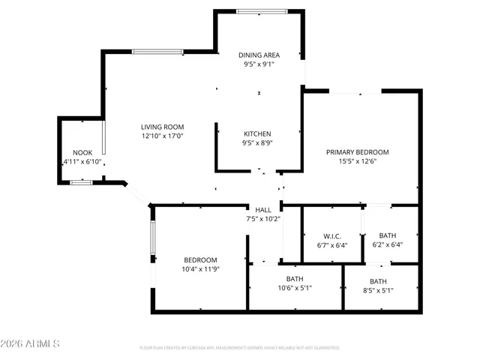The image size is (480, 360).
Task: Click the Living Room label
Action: point(163,127)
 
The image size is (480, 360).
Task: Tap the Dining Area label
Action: point(259,55)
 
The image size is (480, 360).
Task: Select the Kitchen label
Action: point(256,133)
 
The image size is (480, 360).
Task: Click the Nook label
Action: point(82,152)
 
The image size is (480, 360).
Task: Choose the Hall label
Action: point(262,209)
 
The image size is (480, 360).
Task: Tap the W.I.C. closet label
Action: point(332,234)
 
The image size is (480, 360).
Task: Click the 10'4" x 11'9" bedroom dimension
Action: point(200,268)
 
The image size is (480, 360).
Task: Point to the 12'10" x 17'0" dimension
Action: point(163,136)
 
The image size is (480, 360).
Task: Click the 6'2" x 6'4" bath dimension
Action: point(388,244)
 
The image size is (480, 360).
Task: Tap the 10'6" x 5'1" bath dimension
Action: point(295,287)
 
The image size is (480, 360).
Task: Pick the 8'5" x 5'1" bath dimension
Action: point(378,290)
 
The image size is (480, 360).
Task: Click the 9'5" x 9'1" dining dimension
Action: point(259,64)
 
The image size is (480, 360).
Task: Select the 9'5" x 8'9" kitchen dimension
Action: point(256,143)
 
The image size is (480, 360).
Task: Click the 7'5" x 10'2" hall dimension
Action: point(262,219)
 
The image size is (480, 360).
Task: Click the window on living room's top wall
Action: point(157,51)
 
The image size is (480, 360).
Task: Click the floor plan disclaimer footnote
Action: point(240,347)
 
